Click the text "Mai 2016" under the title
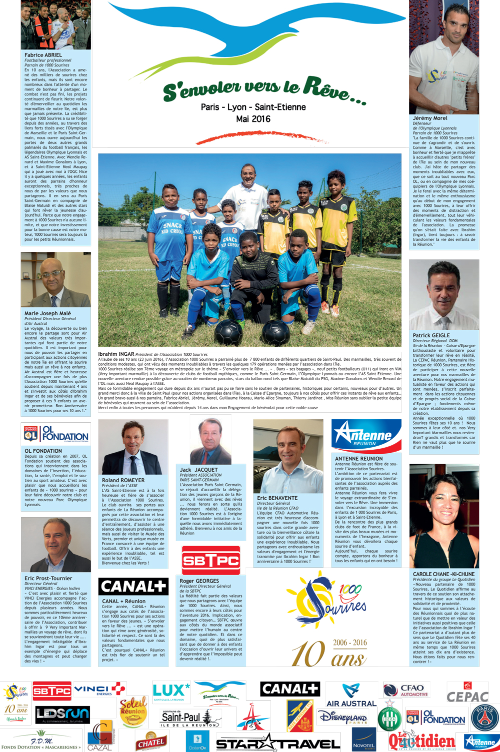click(253, 119)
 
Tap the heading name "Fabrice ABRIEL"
click(43, 55)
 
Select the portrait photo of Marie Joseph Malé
click(55, 280)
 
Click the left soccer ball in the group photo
click(228, 331)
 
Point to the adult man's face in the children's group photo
click(248, 175)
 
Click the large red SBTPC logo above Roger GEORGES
click(210, 560)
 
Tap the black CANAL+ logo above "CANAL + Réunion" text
click(133, 587)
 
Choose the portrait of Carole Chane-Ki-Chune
click(444, 516)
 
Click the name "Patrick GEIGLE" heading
click(431, 335)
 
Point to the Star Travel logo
click(277, 743)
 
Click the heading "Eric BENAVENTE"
click(277, 498)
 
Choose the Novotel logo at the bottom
click(363, 741)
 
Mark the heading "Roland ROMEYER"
click(123, 480)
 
